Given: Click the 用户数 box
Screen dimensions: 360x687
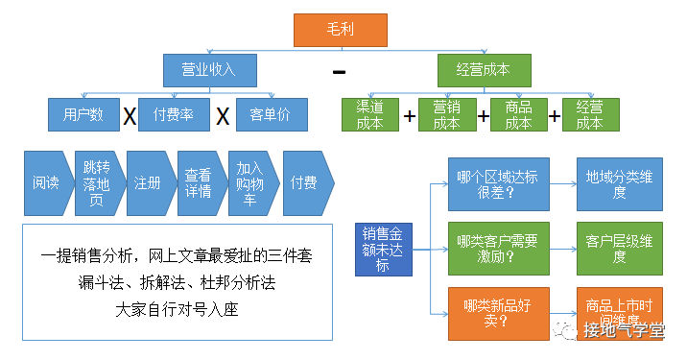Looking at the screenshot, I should tap(84, 115).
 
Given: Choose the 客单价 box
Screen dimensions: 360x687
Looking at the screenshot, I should tap(272, 115).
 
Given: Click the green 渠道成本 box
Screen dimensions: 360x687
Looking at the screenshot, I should tap(369, 114).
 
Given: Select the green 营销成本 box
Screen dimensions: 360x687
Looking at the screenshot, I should tap(445, 114).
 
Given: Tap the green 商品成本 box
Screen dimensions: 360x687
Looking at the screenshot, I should tap(518, 114).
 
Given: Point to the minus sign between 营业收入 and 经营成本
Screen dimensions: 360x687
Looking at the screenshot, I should tap(339, 72).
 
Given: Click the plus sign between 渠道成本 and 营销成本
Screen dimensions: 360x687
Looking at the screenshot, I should tap(410, 116).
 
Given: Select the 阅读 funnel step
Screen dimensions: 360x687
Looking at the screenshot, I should tap(46, 182).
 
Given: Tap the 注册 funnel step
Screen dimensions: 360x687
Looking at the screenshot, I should tap(148, 182).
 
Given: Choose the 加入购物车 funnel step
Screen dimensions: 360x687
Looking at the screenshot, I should tap(250, 182).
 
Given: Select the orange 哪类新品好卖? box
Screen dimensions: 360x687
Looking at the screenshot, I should tap(497, 313).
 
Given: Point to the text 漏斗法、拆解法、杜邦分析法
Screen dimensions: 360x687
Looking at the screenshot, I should tap(177, 283).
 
